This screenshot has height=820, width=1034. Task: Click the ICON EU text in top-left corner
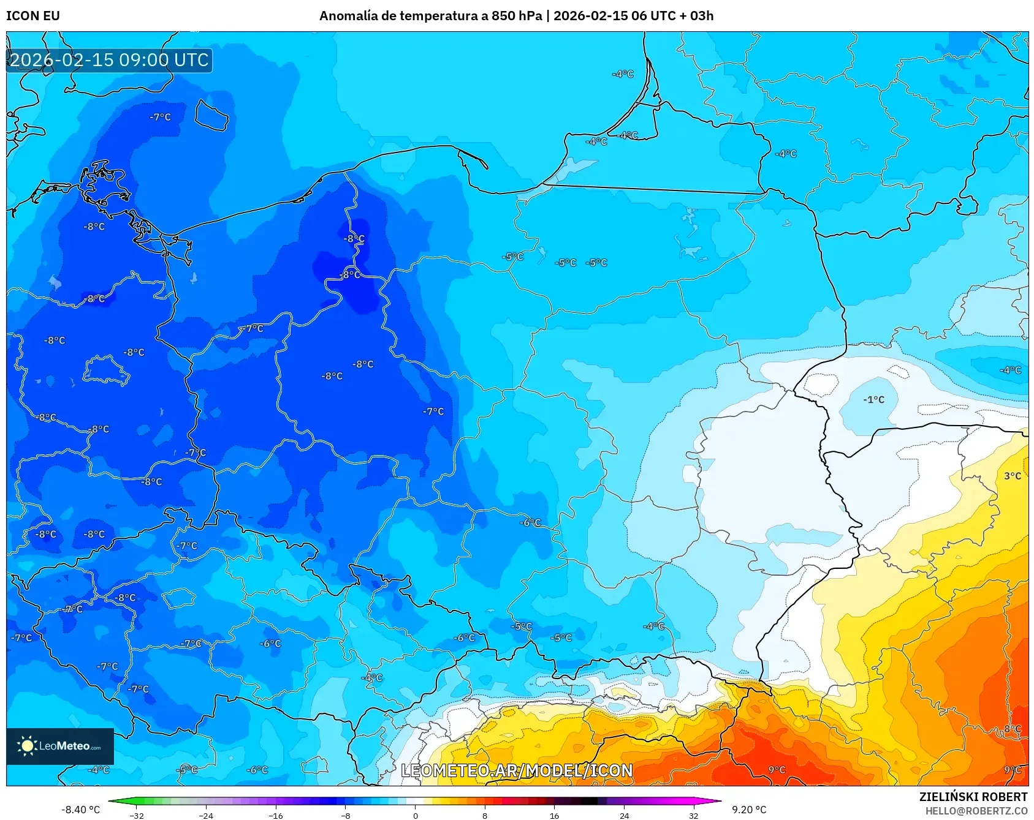point(33,16)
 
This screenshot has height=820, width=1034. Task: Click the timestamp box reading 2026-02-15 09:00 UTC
point(109,60)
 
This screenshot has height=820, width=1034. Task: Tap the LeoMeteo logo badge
point(60,746)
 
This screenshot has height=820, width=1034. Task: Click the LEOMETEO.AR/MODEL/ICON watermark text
point(517,770)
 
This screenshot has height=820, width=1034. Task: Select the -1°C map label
point(874,400)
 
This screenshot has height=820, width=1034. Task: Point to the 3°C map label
point(1013,476)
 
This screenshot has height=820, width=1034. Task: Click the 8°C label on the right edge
point(1013,729)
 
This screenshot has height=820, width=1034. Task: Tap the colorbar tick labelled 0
point(415,815)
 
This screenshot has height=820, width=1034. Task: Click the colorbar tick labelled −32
point(137,815)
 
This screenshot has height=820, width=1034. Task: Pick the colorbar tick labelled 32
point(693,815)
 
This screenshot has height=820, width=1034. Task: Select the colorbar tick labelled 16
point(554,815)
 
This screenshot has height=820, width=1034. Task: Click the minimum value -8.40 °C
point(80,810)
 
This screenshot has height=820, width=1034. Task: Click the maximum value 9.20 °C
point(749,810)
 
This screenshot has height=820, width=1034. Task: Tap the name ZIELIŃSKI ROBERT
point(973,797)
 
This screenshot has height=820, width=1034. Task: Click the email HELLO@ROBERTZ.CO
point(976,811)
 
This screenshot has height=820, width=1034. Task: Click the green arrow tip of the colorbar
point(112,801)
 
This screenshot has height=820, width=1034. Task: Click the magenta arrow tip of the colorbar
point(718,801)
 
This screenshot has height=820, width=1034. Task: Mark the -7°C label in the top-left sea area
point(161,117)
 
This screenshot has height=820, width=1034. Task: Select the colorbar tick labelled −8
point(346,815)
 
